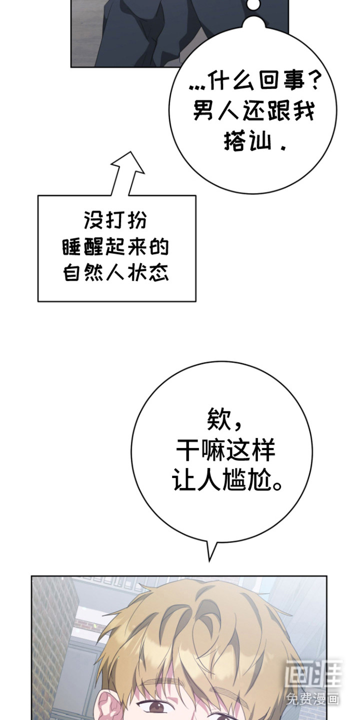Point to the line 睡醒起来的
[x=116, y=247]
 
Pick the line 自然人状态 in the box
[x=116, y=274]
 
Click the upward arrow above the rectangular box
[x=126, y=172]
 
